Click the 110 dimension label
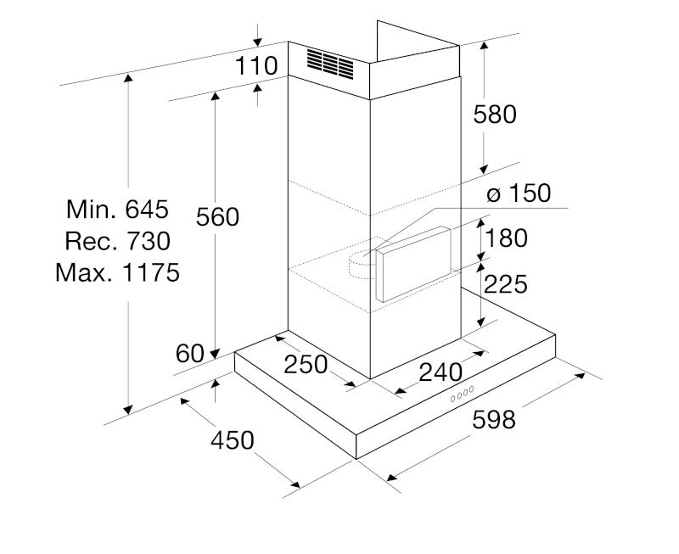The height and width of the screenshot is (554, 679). point(256,66)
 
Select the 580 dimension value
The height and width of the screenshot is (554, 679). point(495,115)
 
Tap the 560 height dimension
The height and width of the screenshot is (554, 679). point(217,217)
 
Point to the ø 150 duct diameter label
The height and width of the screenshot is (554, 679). point(519,193)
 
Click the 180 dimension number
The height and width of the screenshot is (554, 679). point(506,238)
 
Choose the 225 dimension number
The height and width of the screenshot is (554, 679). point(505,284)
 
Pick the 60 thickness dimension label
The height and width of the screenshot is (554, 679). point(189,354)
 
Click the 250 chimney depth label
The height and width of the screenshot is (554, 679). point(306,365)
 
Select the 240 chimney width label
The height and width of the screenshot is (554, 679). point(441,372)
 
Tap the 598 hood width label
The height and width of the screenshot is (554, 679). point(494,420)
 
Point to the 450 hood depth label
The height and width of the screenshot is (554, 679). point(232,440)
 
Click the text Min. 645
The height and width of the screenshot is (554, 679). point(117,210)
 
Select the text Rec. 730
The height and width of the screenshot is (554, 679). point(117,241)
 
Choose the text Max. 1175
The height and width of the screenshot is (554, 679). point(117,272)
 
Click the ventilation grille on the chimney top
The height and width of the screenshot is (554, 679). point(330,64)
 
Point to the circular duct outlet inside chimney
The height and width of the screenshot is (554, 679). point(362,265)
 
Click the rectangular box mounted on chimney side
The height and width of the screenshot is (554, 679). point(413,265)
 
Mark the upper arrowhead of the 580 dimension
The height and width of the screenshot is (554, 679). point(484,45)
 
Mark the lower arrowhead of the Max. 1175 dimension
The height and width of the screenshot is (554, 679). point(128,409)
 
